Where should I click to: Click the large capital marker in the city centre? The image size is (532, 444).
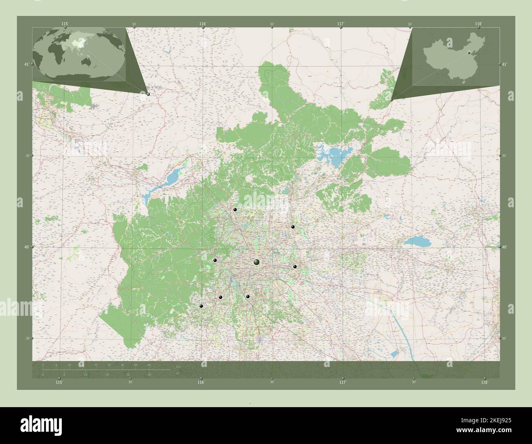(257, 262)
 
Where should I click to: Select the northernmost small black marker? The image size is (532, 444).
(235, 209)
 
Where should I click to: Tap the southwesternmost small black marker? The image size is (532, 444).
(201, 306)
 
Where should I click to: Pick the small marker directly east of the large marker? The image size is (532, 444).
(295, 267)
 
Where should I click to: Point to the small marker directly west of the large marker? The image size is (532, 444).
(215, 260)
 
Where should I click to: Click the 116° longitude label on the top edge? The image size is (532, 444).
(203, 24)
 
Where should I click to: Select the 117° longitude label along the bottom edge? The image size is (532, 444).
(343, 383)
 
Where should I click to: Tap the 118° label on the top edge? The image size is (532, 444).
(478, 24)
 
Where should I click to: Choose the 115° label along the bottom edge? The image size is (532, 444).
(59, 383)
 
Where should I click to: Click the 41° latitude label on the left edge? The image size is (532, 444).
(26, 64)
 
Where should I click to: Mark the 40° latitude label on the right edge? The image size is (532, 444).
(504, 247)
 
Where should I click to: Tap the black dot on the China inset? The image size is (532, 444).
(470, 52)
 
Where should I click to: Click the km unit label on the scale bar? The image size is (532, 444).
(178, 366)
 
